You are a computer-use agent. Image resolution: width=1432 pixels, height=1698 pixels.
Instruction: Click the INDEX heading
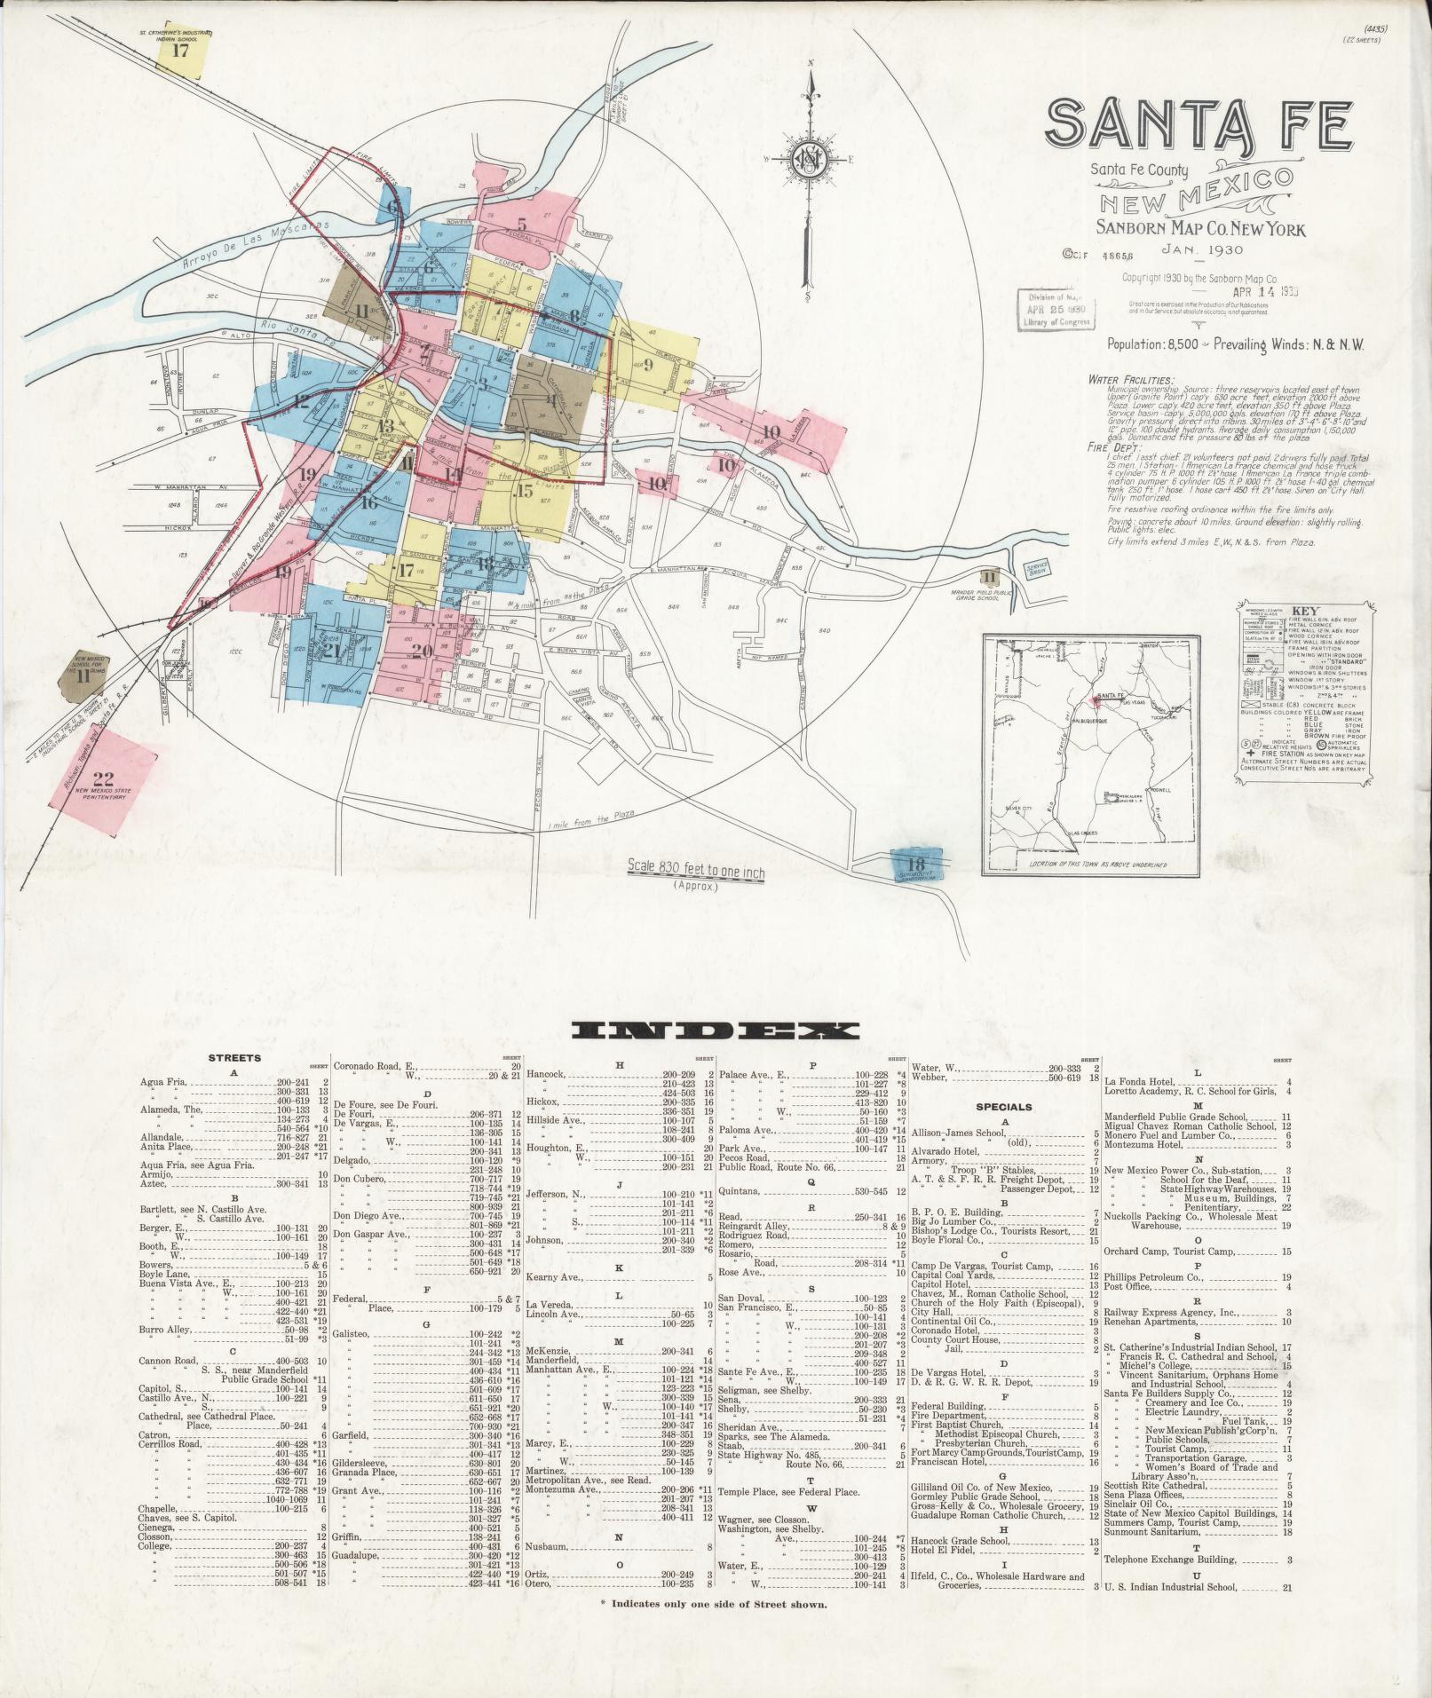click(716, 1031)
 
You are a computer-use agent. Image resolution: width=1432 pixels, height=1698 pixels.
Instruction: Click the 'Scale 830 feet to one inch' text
click(695, 871)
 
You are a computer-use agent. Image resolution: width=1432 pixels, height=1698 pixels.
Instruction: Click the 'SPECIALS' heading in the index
click(1004, 1107)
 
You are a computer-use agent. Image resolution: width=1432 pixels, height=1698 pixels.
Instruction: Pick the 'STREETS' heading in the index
click(234, 1058)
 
